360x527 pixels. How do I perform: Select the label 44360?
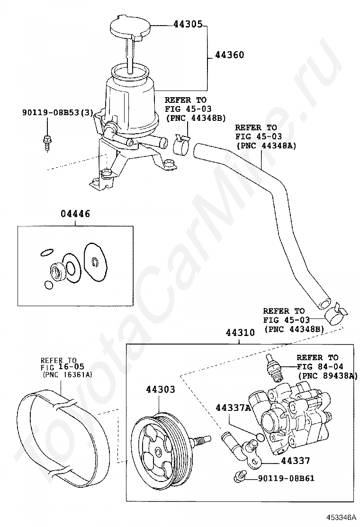(x=229, y=55)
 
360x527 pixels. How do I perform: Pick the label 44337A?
(x=233, y=408)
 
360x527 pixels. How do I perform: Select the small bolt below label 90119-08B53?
(x=47, y=141)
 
